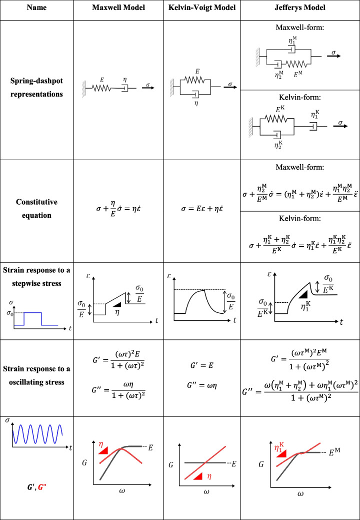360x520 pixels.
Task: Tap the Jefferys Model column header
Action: click(300, 8)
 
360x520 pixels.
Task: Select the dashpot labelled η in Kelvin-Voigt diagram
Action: click(197, 95)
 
